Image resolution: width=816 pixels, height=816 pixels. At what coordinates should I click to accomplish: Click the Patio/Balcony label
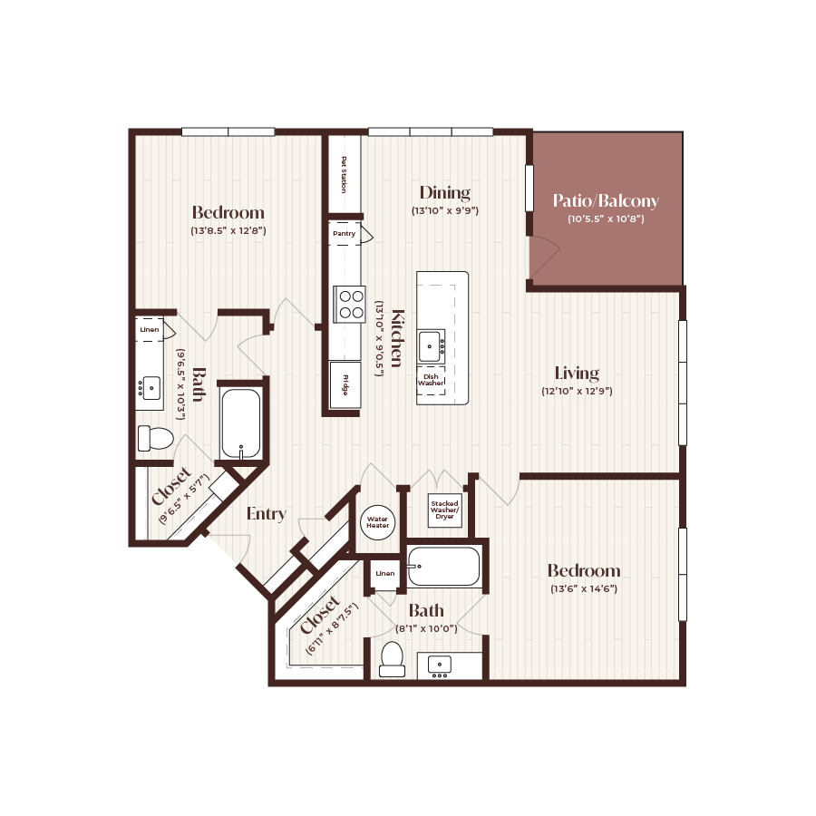606,201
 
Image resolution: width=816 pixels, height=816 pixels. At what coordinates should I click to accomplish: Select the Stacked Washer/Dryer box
445,510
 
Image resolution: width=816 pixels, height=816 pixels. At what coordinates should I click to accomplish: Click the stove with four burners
349,303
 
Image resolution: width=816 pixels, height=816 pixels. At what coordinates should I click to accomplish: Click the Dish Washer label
431,379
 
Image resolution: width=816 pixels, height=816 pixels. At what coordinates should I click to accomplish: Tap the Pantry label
344,234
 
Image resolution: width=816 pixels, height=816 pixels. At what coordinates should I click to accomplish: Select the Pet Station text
344,174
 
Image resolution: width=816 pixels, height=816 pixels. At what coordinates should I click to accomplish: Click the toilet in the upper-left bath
155,439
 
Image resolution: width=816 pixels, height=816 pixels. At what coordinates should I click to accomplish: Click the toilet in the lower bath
393,659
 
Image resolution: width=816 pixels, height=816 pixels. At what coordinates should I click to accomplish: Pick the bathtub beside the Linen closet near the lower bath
443,567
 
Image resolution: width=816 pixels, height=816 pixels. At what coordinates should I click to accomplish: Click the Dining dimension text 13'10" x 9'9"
444,210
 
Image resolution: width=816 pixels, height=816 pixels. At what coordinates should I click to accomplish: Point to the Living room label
577,373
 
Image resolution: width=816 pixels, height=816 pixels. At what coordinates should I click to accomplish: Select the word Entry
267,514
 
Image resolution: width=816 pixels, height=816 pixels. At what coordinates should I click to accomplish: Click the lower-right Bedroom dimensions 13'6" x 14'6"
584,588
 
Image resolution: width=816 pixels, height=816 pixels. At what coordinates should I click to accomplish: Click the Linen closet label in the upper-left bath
150,329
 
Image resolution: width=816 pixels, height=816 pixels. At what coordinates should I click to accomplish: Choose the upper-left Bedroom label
228,212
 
